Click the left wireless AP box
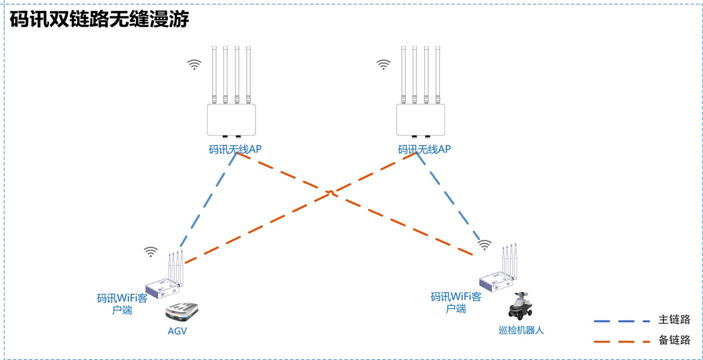point(231,119)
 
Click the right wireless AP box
point(421,119)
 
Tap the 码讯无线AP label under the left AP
point(234,149)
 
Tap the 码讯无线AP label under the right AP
point(424,149)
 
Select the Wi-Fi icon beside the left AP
point(194,64)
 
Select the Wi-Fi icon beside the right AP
point(384,64)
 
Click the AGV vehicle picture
point(182,312)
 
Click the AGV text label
point(177,331)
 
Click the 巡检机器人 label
point(521,330)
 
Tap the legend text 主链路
point(674,320)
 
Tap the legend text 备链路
point(674,341)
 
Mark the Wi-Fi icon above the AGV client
point(150,252)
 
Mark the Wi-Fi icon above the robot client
point(485,244)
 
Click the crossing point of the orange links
point(330,193)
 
